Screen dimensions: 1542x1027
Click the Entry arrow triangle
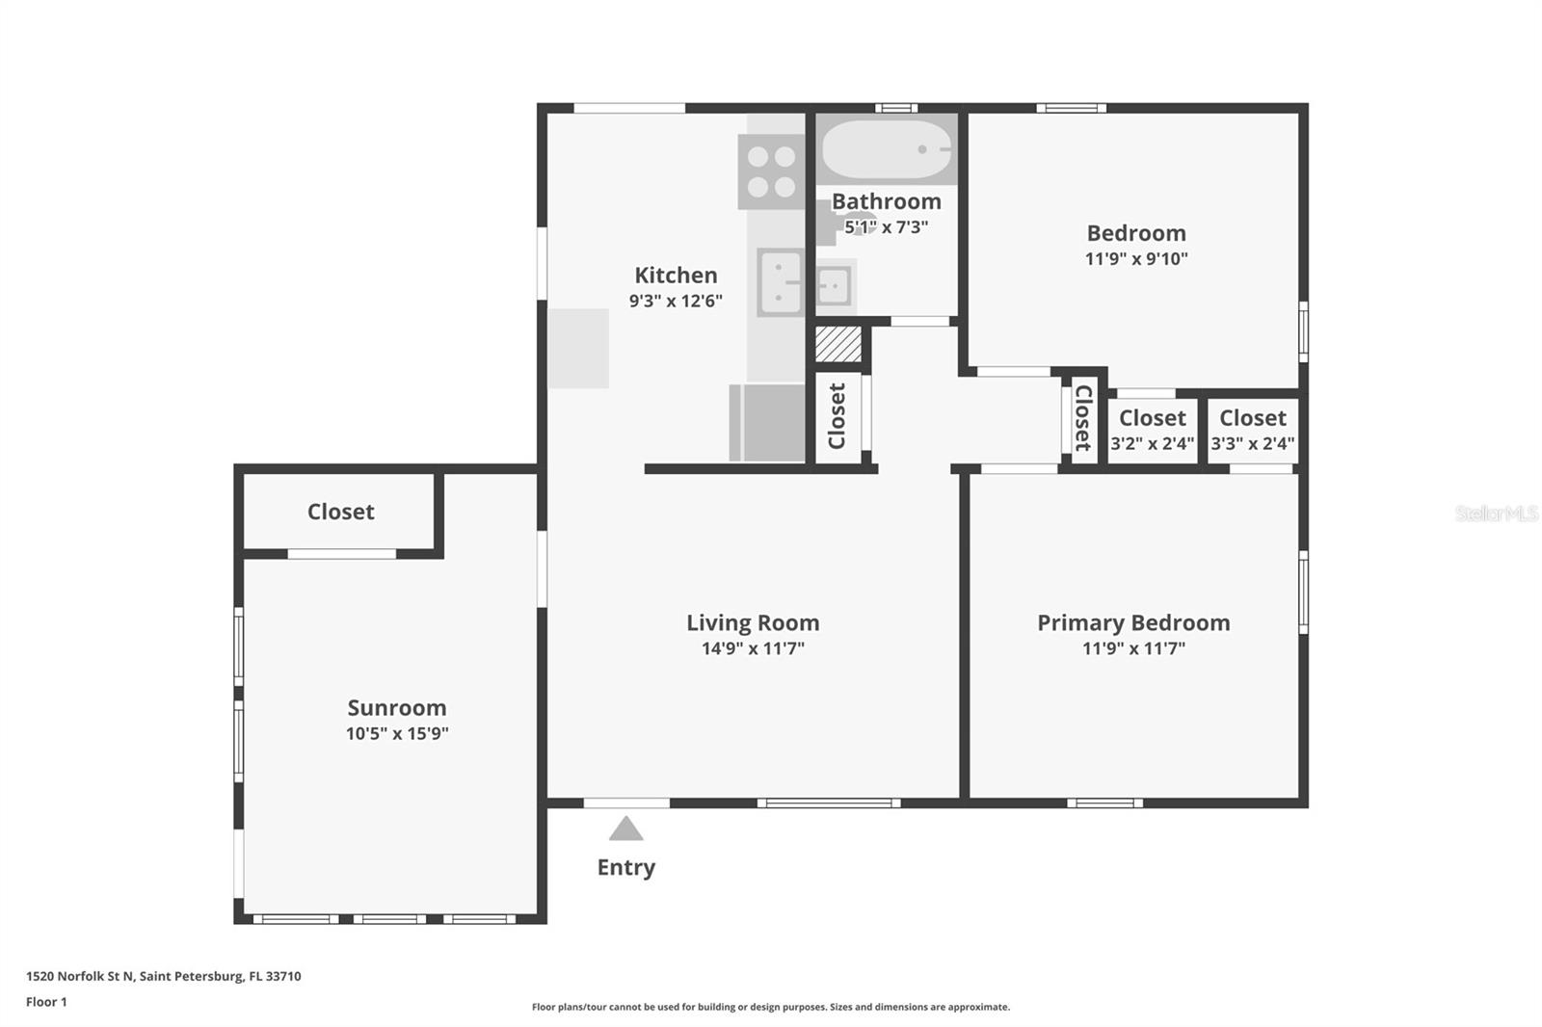click(x=625, y=829)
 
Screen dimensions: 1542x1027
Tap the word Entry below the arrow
click(x=625, y=867)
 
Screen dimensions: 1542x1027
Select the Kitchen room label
click(x=676, y=276)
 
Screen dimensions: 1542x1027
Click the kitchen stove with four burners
click(x=771, y=171)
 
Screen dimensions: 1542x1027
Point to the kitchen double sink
click(x=781, y=282)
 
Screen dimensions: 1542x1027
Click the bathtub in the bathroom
click(x=887, y=149)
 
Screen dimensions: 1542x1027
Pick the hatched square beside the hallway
click(x=837, y=344)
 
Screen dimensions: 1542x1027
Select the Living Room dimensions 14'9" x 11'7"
click(x=753, y=648)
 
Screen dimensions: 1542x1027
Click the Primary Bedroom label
click(x=1133, y=623)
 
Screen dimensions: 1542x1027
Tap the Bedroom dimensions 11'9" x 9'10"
click(x=1136, y=259)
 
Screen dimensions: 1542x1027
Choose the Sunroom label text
click(x=396, y=707)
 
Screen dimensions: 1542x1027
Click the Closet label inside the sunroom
click(x=341, y=512)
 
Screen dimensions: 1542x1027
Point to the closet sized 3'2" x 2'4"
click(x=1153, y=430)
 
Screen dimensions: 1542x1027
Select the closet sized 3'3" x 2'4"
click(x=1253, y=430)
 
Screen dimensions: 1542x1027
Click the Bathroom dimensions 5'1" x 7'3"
click(x=886, y=227)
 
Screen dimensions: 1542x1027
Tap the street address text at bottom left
click(x=164, y=976)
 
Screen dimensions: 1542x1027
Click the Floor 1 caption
click(x=46, y=1002)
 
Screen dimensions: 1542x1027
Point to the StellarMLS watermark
click(x=1497, y=513)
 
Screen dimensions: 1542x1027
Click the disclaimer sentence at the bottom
click(x=771, y=1007)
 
